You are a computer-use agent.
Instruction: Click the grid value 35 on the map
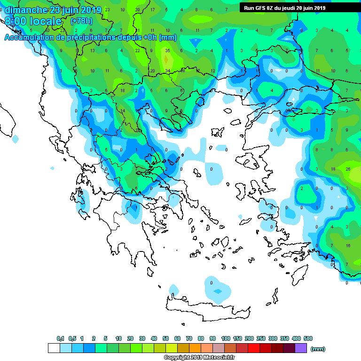click(x=167, y=51)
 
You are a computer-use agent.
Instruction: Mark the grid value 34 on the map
click(x=167, y=71)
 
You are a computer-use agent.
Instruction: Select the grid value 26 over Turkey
click(x=348, y=169)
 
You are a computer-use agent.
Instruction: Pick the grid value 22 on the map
click(x=137, y=51)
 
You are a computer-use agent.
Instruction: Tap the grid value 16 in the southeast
click(x=348, y=245)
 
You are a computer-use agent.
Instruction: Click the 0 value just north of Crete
click(x=212, y=283)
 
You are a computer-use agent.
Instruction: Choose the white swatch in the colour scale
click(x=54, y=348)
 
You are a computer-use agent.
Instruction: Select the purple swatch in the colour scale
click(x=301, y=348)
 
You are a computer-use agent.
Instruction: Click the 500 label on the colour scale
click(x=308, y=338)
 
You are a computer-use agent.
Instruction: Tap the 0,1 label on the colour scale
click(x=61, y=338)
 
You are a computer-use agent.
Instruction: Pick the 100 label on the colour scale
click(x=226, y=338)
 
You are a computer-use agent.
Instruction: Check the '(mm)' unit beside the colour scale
click(x=318, y=349)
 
